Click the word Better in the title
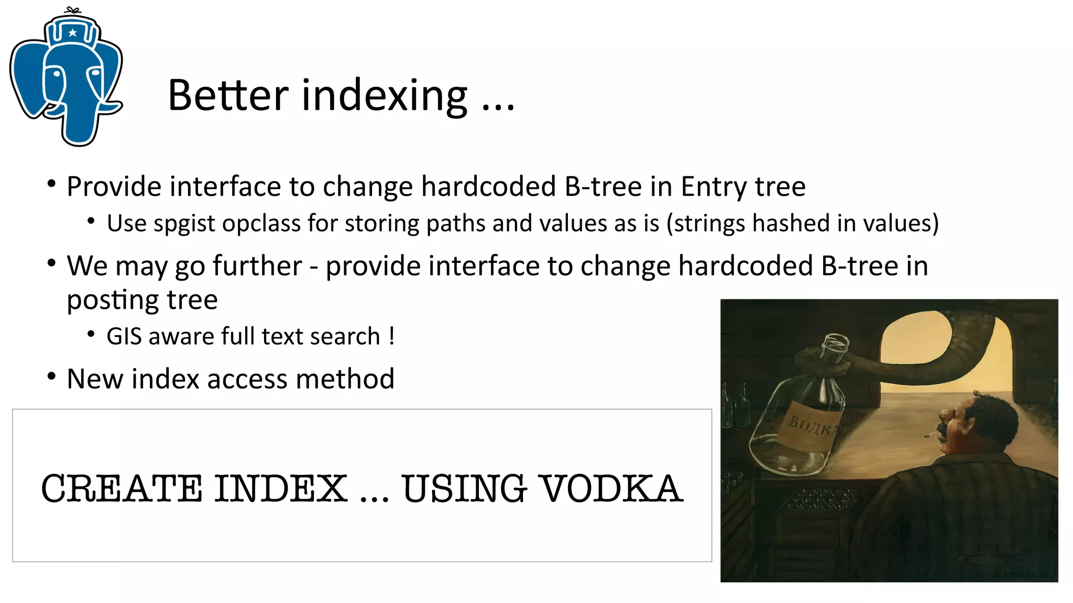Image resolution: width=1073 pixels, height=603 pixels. pos(228,95)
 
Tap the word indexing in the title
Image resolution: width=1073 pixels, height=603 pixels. pos(385,97)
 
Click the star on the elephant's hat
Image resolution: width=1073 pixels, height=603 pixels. pos(73,33)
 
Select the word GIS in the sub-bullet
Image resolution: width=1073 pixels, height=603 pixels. pos(124,337)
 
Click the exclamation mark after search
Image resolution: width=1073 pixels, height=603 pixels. pos(391,336)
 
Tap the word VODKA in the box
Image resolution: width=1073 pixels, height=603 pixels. pos(611,488)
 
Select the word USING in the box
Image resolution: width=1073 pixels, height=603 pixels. pos(464,488)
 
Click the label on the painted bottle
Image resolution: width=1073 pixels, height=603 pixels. pos(810,427)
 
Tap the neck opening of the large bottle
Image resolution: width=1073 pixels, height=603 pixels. pos(834,343)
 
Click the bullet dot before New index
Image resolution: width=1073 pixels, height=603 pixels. pos(51,376)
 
